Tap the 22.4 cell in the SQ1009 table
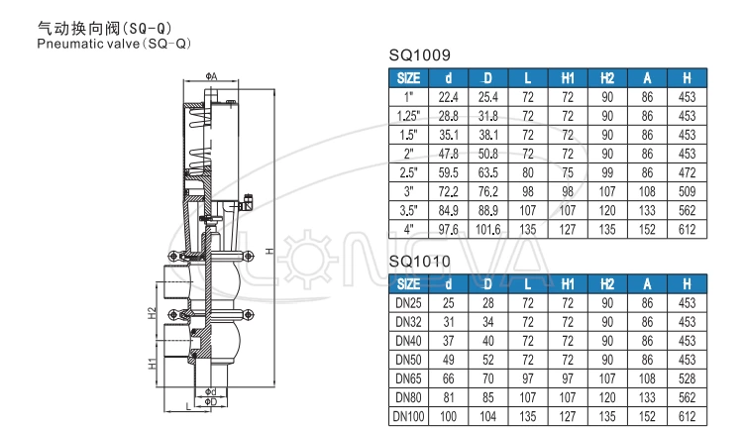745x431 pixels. pyautogui.click(x=448, y=97)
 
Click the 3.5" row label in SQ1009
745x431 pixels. pyautogui.click(x=409, y=210)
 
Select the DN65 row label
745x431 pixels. pyautogui.click(x=409, y=378)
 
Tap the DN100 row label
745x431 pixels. pyautogui.click(x=409, y=416)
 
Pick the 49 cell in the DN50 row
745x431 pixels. pyautogui.click(x=448, y=360)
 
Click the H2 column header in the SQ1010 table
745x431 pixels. pyautogui.click(x=607, y=284)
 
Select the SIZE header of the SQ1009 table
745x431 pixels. pyautogui.click(x=409, y=77)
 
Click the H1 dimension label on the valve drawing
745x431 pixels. pyautogui.click(x=152, y=365)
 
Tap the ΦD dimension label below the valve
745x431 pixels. pyautogui.click(x=210, y=401)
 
